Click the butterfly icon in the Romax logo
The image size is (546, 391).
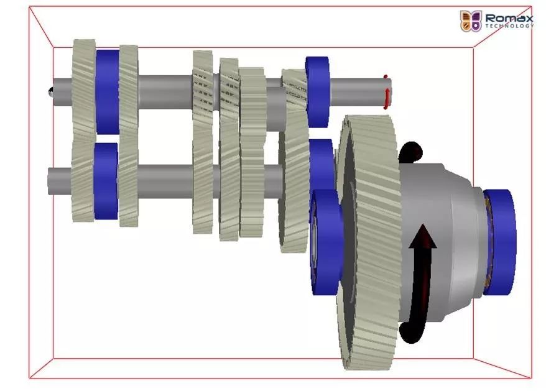470,21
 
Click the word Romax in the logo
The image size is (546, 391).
509,18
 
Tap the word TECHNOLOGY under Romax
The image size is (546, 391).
509,25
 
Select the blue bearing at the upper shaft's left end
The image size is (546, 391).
107,92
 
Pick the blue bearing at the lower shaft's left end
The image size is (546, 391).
106,181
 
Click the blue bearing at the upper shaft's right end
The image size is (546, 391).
317,92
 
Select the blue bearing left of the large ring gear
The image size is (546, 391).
326,242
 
